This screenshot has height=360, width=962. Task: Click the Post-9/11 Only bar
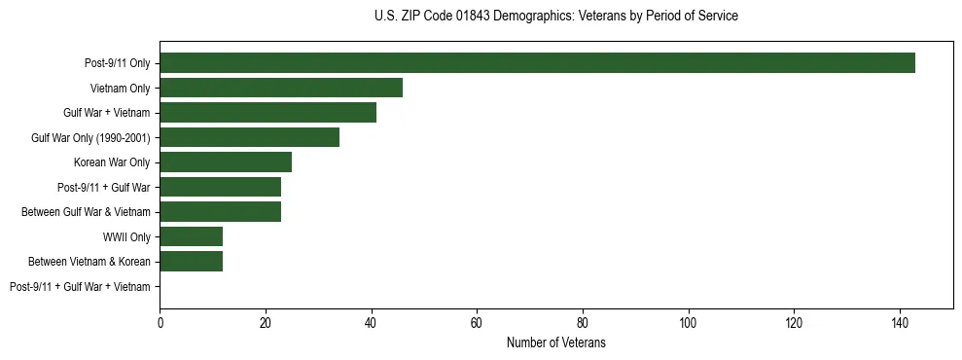coord(537,63)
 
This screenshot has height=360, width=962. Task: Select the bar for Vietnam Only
coord(281,88)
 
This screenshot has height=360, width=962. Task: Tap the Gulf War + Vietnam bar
coord(267,113)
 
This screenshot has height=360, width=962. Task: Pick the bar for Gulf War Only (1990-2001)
coord(249,137)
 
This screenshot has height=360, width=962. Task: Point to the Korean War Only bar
coord(226,162)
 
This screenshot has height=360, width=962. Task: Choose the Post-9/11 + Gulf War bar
coord(220,187)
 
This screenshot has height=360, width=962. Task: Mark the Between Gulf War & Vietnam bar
coord(220,212)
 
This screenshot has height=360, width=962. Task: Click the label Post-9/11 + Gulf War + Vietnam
coord(80,287)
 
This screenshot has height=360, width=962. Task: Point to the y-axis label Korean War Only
coord(112,162)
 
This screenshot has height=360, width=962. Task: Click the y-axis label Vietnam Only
coord(120,89)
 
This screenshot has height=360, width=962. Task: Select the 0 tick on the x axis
coord(160,322)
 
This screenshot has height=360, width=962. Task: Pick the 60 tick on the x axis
coord(477,322)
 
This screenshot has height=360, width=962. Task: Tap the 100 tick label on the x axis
coord(689,322)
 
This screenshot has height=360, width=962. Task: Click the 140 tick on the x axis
coord(900,322)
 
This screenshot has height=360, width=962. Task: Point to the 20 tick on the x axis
coord(266,322)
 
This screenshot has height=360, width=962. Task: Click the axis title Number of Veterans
coord(555,342)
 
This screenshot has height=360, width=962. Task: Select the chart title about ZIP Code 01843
coord(555,17)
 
